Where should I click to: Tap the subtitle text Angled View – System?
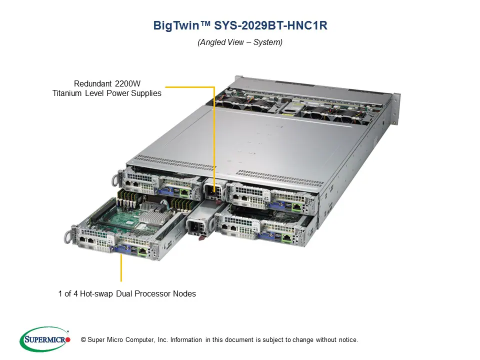[240, 42]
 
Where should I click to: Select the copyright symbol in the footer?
[76, 340]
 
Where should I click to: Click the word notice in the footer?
[347, 340]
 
